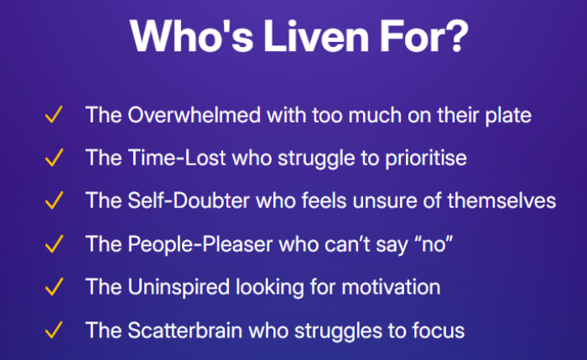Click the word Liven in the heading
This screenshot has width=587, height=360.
(x=317, y=36)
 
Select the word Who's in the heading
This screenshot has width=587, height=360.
(x=192, y=36)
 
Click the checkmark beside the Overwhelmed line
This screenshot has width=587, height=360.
(x=54, y=115)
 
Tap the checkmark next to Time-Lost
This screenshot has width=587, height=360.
(x=54, y=158)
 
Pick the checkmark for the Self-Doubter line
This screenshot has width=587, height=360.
(x=54, y=201)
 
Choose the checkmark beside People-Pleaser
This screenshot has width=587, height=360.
(x=54, y=244)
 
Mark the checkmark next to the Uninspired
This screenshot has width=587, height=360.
(x=54, y=287)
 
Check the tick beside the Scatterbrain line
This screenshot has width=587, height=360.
(x=54, y=330)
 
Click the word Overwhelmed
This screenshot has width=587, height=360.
(x=195, y=115)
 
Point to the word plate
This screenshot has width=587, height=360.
(x=508, y=115)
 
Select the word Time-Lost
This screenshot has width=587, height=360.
(x=177, y=157)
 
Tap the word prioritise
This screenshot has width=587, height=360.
(x=426, y=159)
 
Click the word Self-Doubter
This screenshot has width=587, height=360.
(x=189, y=201)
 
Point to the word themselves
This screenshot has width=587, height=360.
(x=501, y=201)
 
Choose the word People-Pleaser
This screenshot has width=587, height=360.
(x=200, y=245)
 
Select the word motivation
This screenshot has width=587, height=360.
(x=392, y=287)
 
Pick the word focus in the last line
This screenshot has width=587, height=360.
(x=439, y=330)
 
